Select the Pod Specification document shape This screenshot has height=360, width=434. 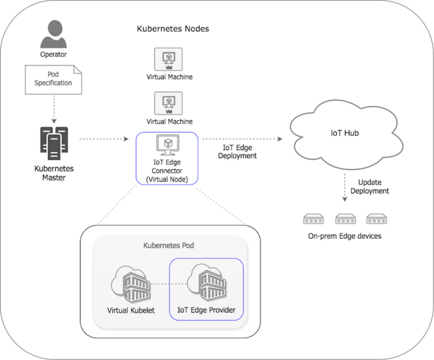[53, 79]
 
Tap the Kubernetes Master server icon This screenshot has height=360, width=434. [54, 143]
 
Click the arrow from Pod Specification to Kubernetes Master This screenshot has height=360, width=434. [54, 109]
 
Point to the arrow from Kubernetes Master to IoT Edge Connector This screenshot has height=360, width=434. [104, 139]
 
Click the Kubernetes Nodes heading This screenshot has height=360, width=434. [173, 29]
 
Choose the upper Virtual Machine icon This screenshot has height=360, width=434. [169, 59]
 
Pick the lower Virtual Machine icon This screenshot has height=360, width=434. [169, 103]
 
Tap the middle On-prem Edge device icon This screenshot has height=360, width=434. [345, 219]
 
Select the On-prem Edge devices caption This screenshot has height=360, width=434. [345, 236]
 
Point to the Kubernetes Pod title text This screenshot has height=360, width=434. [169, 246]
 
